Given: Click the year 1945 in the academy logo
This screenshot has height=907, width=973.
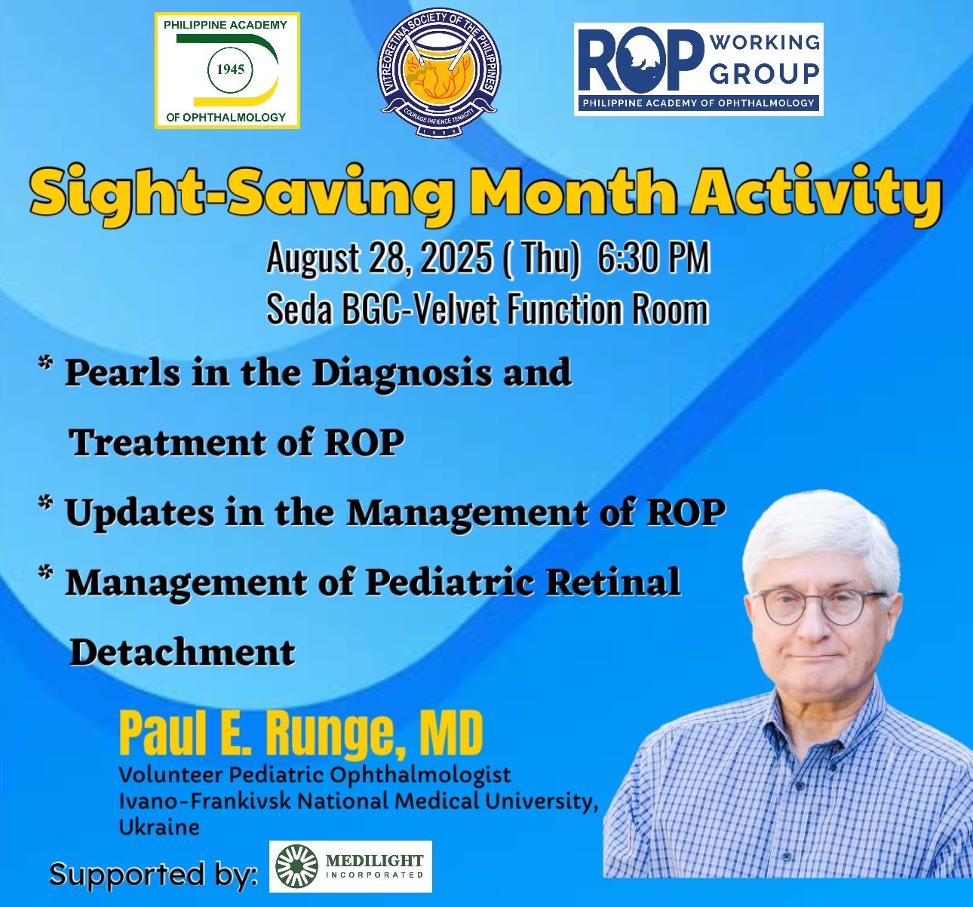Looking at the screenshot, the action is pos(230,69).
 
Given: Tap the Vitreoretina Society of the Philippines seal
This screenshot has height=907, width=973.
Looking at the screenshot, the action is pos(441,73).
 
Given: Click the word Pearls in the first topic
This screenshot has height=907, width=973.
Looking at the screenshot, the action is pos(122,373).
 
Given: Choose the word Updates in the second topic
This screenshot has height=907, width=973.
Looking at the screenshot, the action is pos(140,513).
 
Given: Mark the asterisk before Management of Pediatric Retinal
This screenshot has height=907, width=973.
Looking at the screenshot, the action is pos(45,572).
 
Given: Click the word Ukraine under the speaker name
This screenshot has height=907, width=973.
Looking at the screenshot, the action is pos(159,827).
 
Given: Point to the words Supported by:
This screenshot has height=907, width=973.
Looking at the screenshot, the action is pos(153,875).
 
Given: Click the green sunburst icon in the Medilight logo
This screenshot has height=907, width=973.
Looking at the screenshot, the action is pos(296,866).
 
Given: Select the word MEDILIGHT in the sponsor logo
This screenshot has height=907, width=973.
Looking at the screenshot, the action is pos(374,860).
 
